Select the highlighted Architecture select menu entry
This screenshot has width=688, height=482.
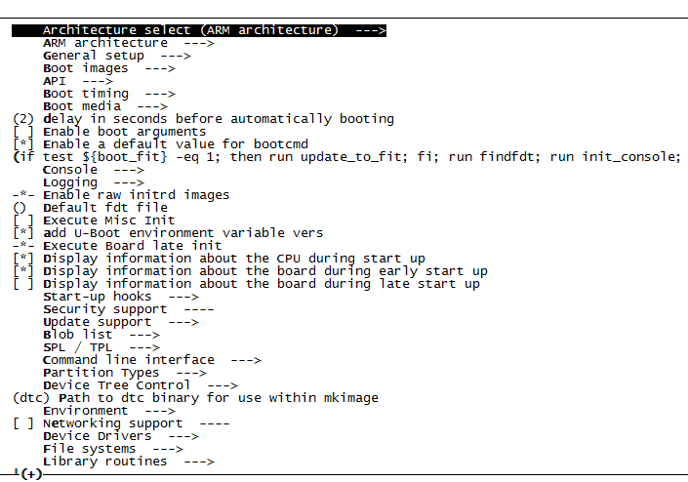coord(199,30)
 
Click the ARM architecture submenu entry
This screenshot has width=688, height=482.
coord(105,43)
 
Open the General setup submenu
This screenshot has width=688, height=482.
coord(94,56)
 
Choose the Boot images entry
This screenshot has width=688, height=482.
coord(86,68)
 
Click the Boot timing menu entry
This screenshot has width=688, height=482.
coord(86,94)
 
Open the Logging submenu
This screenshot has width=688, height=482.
coord(70,182)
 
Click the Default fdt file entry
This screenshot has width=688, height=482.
coord(105,208)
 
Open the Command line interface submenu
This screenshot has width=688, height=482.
coord(129,360)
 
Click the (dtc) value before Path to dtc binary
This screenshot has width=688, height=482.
coord(31,398)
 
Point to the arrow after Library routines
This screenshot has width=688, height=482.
coord(199,462)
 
